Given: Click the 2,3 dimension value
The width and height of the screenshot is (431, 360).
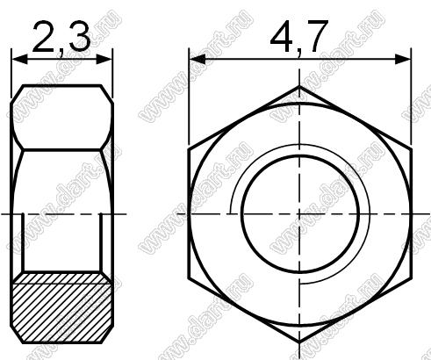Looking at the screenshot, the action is pos(61,38).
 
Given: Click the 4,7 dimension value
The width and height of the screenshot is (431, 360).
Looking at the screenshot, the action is pos(298,38).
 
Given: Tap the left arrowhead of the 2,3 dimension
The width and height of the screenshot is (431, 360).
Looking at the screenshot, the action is pos(19,59).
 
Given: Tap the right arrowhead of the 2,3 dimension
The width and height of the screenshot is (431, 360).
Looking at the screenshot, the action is pos(104,59).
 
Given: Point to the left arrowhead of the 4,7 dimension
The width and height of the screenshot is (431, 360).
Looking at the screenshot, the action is pos(198,59).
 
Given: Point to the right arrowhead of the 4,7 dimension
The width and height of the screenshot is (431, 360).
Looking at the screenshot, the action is pos(403,59).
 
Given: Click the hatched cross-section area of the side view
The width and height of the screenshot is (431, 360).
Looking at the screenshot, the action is pos(62,308).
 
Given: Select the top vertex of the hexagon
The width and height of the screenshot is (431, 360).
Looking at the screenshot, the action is pos(299,86).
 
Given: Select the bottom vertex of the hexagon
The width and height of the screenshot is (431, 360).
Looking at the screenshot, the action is pos(299,342).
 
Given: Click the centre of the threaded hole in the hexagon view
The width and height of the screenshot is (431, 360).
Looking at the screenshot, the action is pos(299,214).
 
